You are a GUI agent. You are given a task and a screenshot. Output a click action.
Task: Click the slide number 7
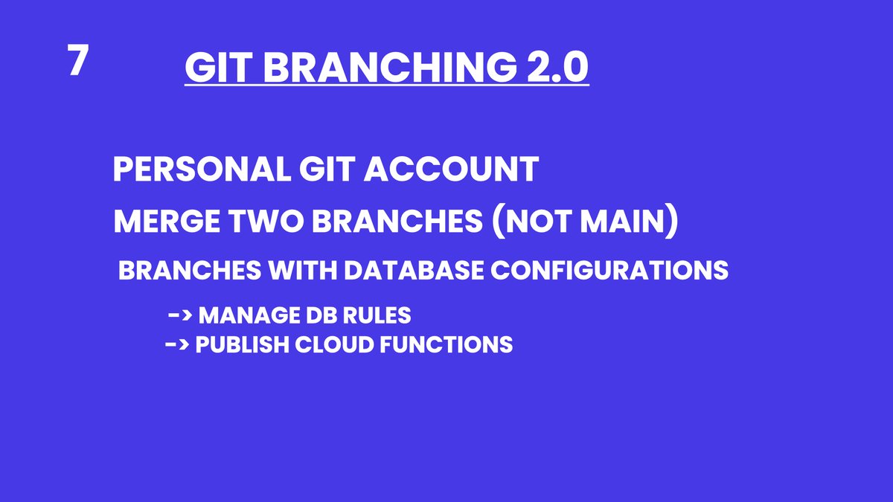pos(77,59)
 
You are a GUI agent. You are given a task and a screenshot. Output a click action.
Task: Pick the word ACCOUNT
pos(451,170)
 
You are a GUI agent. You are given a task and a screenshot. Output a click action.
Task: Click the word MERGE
pos(167,221)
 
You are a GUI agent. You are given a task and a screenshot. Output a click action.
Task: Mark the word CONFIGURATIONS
pos(609,270)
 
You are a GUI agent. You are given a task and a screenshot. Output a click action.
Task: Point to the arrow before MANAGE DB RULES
pos(180,315)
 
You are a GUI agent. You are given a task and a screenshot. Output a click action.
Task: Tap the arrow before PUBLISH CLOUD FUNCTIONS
pos(177,344)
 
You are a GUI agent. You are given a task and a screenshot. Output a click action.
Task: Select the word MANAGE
pos(249,315)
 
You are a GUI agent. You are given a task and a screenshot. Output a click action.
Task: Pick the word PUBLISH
pos(243,344)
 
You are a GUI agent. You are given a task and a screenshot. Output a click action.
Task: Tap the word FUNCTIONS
pos(446,344)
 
